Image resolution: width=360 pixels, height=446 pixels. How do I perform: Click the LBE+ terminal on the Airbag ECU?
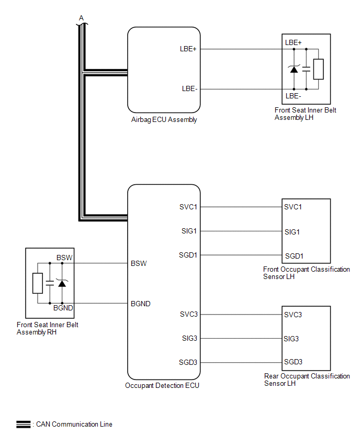click(187, 49)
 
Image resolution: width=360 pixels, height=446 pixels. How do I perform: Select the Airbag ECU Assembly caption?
click(164, 120)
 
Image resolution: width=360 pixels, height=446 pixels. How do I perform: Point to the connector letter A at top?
click(81, 18)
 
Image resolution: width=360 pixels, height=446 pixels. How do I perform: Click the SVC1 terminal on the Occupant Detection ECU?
click(188, 207)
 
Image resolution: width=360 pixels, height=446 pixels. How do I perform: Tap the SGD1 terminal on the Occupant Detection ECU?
click(188, 255)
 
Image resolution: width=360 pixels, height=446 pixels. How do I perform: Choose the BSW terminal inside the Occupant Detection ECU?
click(139, 263)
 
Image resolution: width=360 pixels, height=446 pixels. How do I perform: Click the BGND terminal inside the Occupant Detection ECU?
click(141, 303)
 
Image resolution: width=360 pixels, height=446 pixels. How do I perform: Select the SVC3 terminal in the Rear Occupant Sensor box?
click(293, 315)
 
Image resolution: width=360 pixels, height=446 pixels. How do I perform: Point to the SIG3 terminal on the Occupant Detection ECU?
click(188, 338)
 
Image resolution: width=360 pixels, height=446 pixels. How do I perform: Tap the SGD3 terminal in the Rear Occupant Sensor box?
click(293, 362)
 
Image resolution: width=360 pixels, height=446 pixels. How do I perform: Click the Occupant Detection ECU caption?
click(162, 386)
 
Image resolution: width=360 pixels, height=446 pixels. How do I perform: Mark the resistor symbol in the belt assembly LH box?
click(318, 69)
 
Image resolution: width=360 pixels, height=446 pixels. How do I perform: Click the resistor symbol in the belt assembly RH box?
click(37, 283)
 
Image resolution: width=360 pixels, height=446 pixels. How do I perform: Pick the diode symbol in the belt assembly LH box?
click(294, 69)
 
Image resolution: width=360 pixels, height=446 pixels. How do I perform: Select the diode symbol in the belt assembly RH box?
click(62, 283)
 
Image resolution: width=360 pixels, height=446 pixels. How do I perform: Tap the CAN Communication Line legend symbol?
click(24, 425)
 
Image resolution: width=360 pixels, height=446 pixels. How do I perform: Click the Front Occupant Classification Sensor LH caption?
click(306, 273)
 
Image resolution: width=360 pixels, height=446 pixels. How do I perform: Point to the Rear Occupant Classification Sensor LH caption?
click(307, 380)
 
